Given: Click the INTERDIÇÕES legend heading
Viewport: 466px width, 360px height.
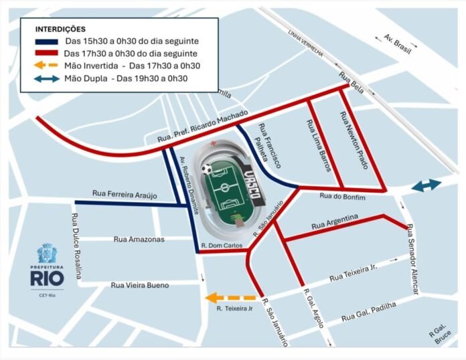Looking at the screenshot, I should [60, 29].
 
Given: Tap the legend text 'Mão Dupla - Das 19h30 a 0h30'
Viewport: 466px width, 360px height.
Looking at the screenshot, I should [126, 78].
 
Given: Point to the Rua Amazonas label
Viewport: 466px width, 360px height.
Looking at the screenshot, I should [139, 239].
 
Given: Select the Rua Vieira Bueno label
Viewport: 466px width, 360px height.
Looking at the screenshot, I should [139, 286].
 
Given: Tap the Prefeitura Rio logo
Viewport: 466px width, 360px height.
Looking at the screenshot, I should [46, 266].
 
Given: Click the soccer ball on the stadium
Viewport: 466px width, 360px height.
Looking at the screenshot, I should [208, 169].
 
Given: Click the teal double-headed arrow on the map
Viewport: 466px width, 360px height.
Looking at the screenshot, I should [426, 185].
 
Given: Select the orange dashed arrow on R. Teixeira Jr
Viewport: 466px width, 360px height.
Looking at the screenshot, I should [230, 298].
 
